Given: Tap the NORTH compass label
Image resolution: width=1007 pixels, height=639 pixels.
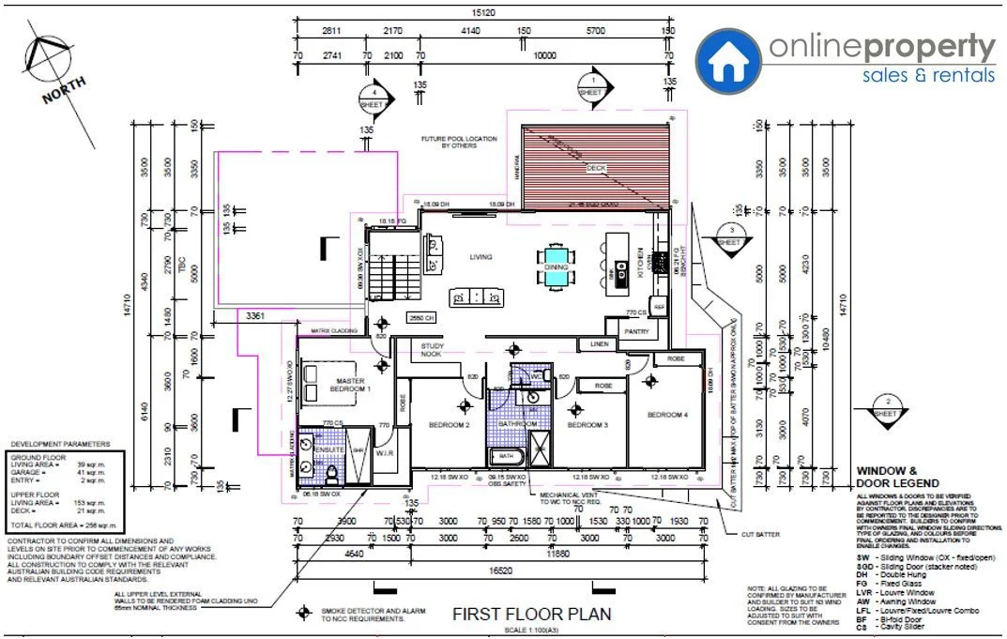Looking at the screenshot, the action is tap(64, 91).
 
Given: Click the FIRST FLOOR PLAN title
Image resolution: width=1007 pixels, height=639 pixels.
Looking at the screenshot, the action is tap(531, 615).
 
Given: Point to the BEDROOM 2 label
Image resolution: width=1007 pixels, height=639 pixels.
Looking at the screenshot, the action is tap(449, 425).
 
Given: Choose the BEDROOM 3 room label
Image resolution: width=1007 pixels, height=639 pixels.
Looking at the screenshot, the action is tap(587, 425).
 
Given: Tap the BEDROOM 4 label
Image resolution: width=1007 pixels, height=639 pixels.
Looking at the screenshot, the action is tap(667, 414).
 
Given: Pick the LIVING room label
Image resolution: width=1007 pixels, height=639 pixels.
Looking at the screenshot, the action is tap(481, 256).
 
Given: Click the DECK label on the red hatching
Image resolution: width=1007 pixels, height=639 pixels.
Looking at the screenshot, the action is tap(596, 169).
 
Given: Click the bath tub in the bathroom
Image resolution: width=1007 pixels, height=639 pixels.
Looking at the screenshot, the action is tap(507, 457).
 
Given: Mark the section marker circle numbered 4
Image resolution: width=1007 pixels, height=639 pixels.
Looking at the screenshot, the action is tap(374, 96).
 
